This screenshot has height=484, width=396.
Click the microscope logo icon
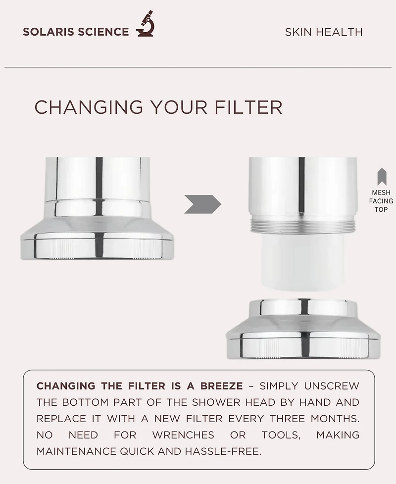145,24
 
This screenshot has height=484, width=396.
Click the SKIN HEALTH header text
324,32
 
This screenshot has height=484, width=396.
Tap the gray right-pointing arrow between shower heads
202,204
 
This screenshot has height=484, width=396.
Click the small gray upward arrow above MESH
381,177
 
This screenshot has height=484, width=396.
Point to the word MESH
381,193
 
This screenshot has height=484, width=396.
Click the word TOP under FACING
381,209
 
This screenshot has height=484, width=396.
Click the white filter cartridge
303,262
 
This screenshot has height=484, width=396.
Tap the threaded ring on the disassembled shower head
303,227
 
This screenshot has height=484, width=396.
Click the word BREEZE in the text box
221,386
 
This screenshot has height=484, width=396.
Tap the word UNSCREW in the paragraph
332,386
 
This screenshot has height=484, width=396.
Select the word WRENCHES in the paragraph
183,435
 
